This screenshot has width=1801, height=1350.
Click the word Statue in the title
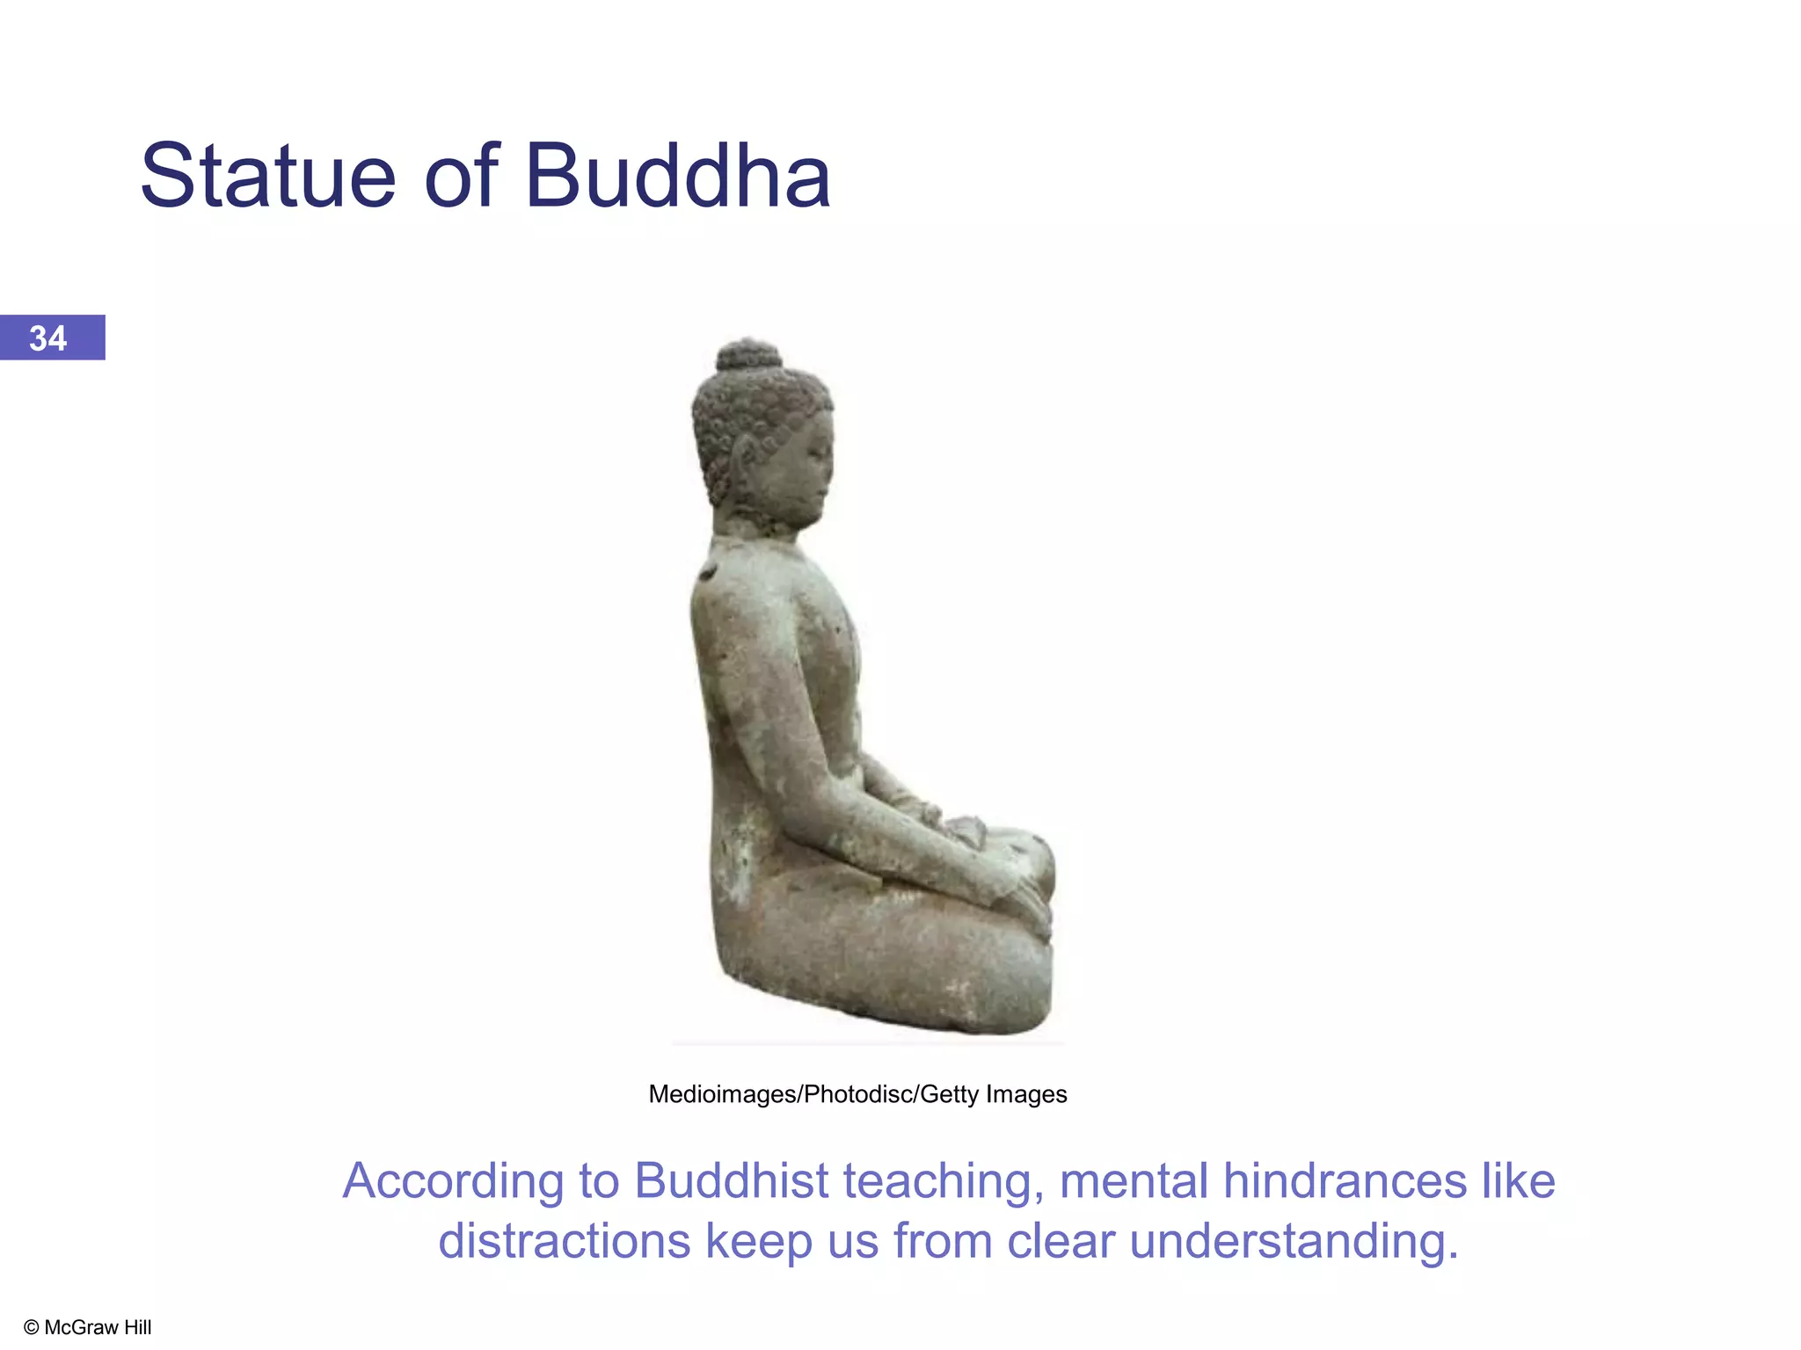(x=268, y=178)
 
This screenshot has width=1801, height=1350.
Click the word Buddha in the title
(x=677, y=178)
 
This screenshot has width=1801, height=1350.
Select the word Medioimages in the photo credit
(x=722, y=1094)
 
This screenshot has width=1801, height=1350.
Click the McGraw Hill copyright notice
(x=88, y=1327)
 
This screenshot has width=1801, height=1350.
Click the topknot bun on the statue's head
(x=748, y=355)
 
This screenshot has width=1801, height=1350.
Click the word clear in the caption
(x=1061, y=1241)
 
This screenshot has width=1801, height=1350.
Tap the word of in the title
(x=462, y=178)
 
